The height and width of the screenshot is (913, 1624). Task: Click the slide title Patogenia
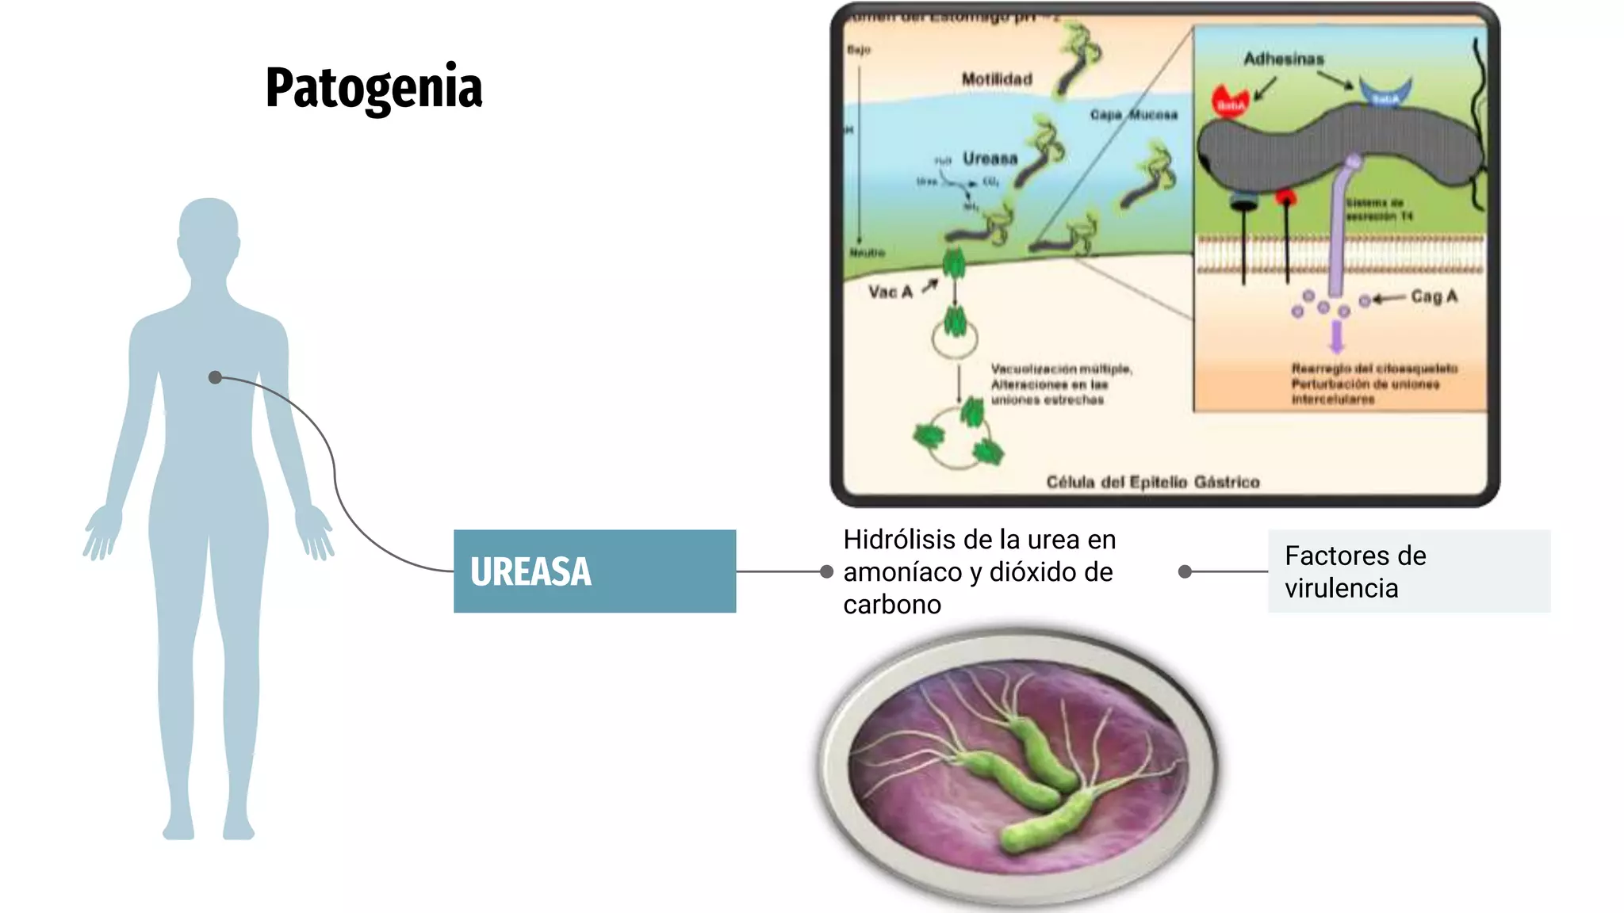pyautogui.click(x=373, y=88)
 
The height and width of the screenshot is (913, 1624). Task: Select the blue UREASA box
pyautogui.click(x=594, y=571)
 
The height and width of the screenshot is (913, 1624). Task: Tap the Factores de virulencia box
pyautogui.click(x=1408, y=571)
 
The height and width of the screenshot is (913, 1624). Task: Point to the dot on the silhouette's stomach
pyautogui.click(x=215, y=377)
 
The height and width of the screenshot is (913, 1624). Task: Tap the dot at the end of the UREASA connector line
pyautogui.click(x=826, y=571)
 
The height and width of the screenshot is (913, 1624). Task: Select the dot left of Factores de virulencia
pyautogui.click(x=1185, y=571)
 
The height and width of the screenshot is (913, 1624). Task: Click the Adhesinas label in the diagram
pyautogui.click(x=1283, y=59)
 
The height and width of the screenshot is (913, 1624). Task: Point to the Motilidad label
pyautogui.click(x=997, y=79)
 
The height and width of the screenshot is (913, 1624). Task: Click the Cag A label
pyautogui.click(x=1434, y=296)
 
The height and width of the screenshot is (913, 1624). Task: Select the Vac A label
pyautogui.click(x=890, y=292)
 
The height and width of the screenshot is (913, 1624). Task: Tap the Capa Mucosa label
pyautogui.click(x=1133, y=115)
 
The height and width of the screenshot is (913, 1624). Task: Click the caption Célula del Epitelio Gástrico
pyautogui.click(x=1152, y=482)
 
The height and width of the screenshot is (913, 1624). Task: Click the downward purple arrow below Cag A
pyautogui.click(x=1337, y=336)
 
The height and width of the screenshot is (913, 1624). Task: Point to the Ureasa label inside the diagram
pyautogui.click(x=990, y=159)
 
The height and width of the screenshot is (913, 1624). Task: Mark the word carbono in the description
pyautogui.click(x=892, y=605)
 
